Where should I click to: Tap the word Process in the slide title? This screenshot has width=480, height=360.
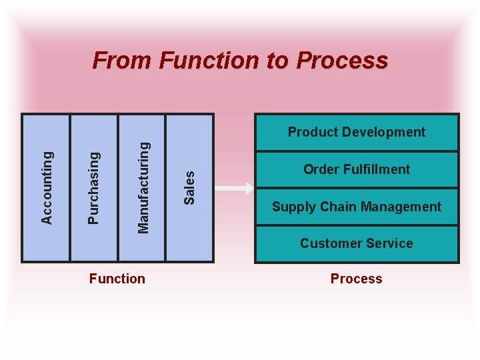click(341, 61)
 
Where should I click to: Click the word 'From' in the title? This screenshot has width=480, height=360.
click(123, 61)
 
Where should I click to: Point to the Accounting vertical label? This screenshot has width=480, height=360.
click(47, 187)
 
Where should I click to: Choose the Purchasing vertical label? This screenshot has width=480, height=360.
click(94, 187)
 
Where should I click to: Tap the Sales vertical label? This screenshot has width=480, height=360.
click(189, 187)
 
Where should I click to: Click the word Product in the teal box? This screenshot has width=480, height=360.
click(313, 132)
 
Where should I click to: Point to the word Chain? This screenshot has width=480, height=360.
click(333, 207)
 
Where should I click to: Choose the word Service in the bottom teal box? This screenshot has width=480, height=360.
click(390, 243)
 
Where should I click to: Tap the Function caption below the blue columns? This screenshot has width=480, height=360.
click(117, 279)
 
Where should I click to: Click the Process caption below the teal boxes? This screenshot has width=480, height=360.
click(356, 279)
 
